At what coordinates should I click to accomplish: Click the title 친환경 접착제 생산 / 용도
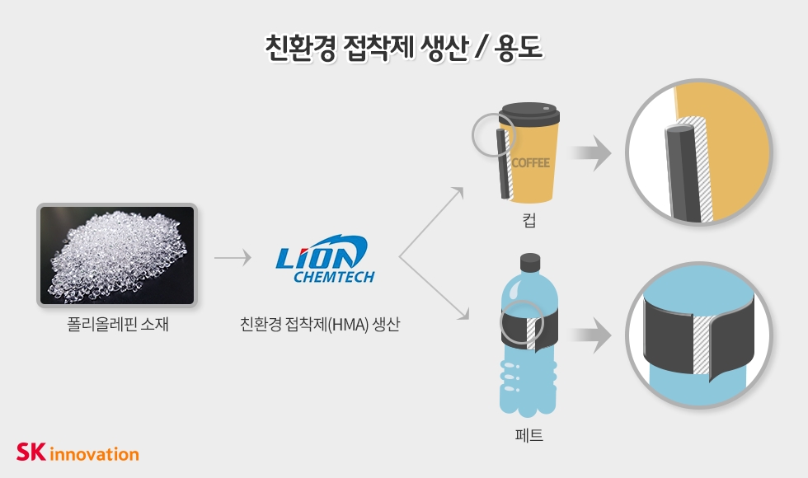pyautogui.click(x=403, y=47)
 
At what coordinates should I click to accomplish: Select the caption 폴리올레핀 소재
pyautogui.click(x=117, y=325)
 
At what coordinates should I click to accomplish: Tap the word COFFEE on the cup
pyautogui.click(x=530, y=162)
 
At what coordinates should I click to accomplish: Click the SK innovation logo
pyautogui.click(x=78, y=452)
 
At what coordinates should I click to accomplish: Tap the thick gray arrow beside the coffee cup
pyautogui.click(x=591, y=154)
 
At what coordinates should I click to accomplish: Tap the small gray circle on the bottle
pyautogui.click(x=522, y=321)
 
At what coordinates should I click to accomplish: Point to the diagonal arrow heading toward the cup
pyautogui.click(x=433, y=222)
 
